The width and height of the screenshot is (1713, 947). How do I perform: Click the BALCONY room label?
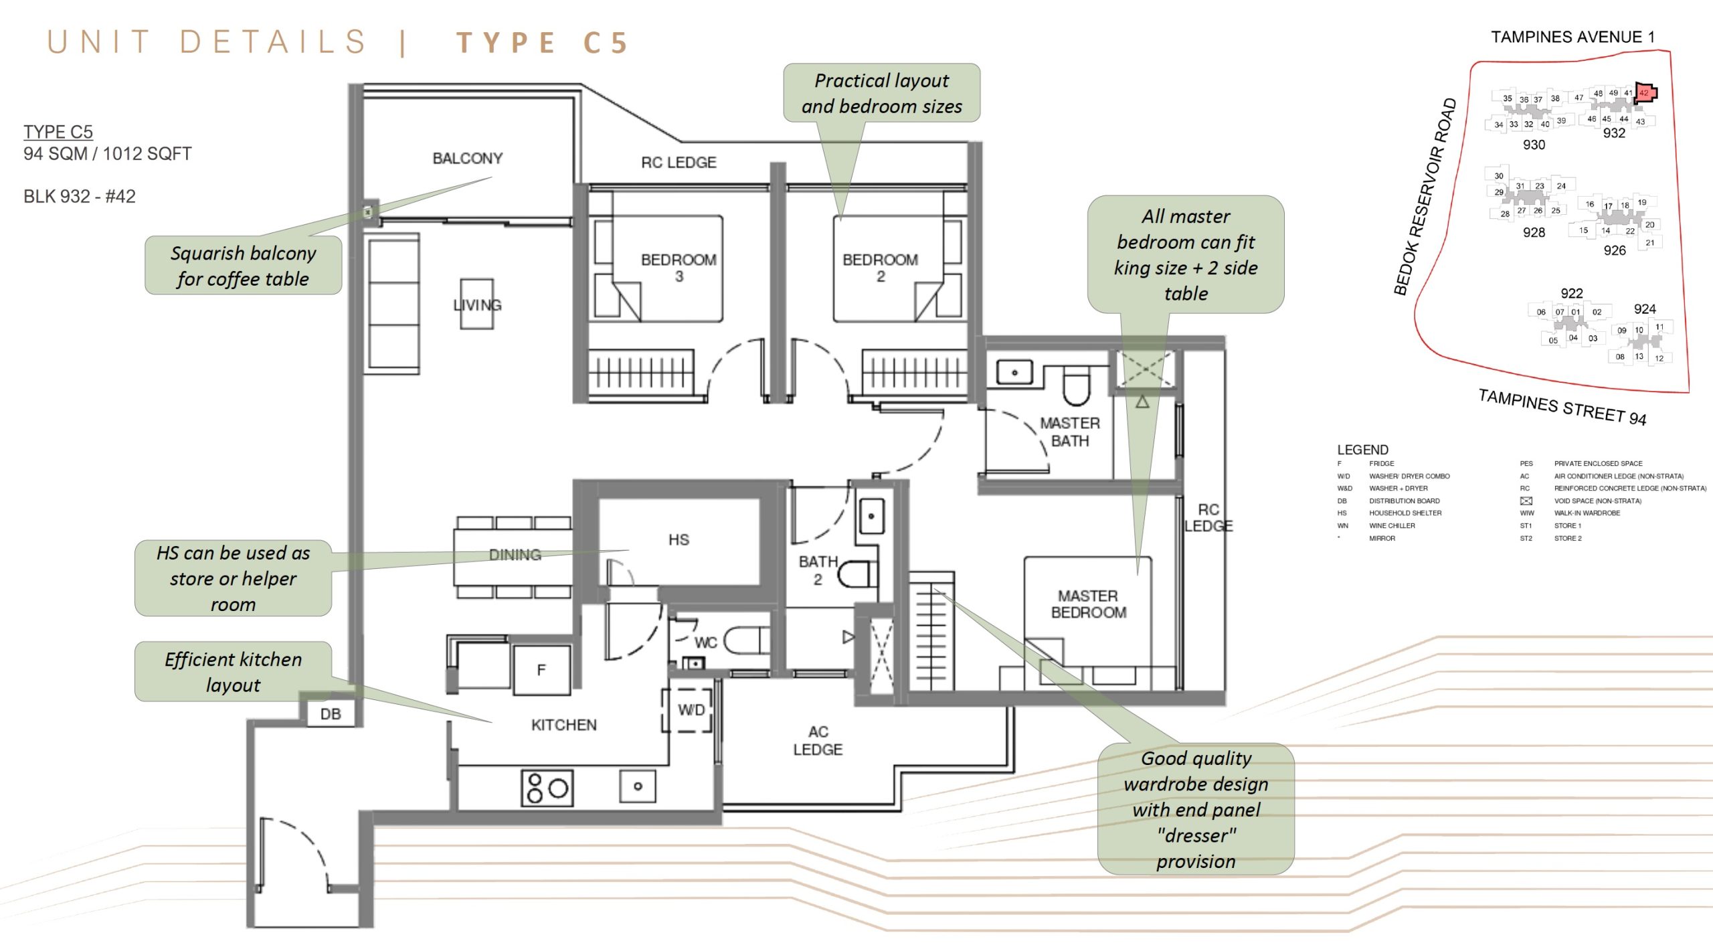467,159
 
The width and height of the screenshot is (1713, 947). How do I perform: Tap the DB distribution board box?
331,713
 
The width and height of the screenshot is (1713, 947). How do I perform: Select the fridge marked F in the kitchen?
541,669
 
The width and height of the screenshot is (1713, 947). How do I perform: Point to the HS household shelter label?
678,539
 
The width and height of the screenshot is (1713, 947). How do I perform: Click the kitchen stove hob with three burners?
547,788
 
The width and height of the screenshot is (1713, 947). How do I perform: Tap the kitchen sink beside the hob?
637,786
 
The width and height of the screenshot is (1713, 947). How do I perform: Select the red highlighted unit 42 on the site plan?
1644,93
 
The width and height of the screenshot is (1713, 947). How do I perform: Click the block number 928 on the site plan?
1534,232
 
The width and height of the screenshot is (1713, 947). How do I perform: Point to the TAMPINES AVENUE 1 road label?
1572,37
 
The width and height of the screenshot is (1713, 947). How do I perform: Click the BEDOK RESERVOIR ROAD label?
1425,197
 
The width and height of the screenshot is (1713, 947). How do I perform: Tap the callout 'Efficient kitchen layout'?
233,671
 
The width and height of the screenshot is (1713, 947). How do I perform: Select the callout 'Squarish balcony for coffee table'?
243,265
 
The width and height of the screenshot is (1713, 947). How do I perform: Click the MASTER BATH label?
1069,432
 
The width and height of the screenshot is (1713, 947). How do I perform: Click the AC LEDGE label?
818,740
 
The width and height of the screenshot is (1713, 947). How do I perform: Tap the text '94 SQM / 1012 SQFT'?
107,154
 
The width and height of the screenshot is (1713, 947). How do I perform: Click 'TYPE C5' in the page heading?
542,43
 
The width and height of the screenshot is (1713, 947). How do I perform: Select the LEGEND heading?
1362,450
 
